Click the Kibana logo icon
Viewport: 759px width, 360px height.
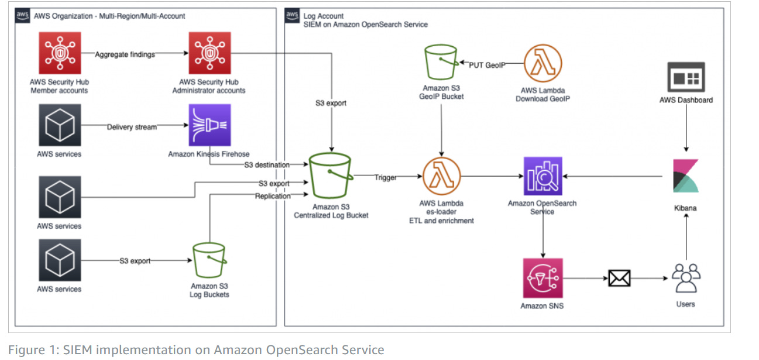coord(686,176)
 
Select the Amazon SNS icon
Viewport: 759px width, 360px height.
coord(542,278)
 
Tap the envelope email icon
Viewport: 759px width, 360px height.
coord(619,278)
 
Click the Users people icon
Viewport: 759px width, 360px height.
coord(686,278)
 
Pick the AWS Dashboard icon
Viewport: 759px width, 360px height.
coord(686,76)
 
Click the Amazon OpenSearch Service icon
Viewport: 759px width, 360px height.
coord(542,176)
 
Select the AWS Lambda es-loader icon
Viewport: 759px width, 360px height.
coord(441,176)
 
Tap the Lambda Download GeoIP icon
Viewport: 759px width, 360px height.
coord(542,64)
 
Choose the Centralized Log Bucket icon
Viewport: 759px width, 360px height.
coord(331,176)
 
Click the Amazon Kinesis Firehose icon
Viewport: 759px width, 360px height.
coord(209,125)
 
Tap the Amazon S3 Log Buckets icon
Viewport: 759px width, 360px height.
coord(209,260)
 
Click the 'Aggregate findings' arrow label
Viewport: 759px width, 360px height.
coord(126,54)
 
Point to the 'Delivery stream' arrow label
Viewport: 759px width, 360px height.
coord(132,127)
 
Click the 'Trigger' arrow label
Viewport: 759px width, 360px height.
coord(386,177)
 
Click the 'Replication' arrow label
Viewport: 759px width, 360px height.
coord(272,196)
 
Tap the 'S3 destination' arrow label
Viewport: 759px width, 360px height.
coord(267,165)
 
